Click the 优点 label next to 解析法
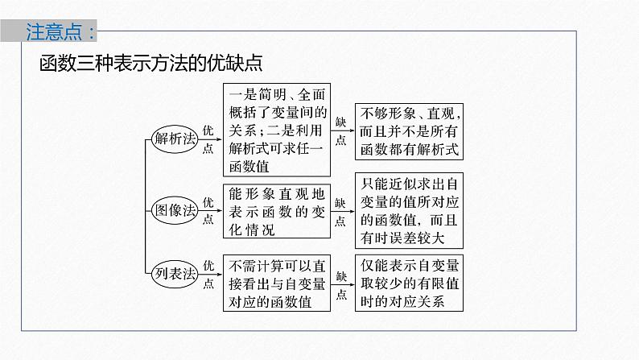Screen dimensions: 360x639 pos(208,138)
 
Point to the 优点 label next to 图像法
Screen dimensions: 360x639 pos(208,211)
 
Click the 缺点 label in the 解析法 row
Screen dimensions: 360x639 pos(340,130)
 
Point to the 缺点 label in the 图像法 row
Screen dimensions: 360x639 pos(340,211)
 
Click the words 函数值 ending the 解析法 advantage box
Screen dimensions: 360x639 pos(249,166)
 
